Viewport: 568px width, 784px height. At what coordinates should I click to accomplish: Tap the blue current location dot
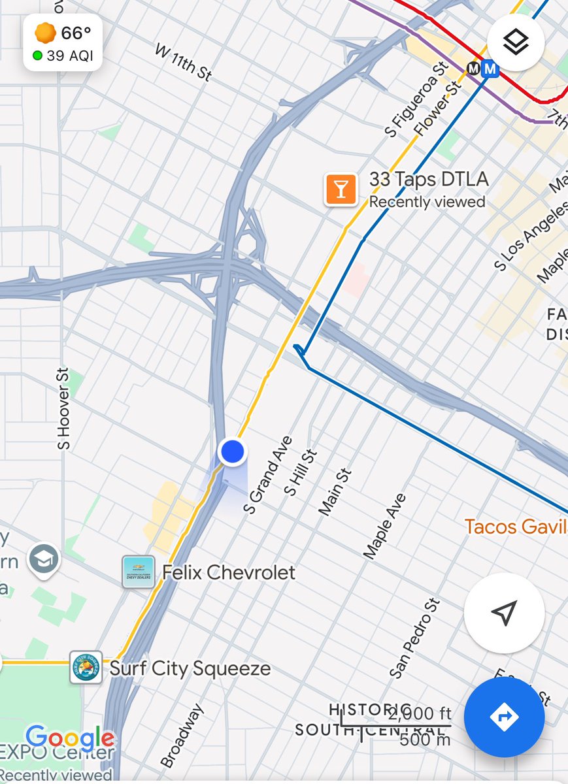coord(232,451)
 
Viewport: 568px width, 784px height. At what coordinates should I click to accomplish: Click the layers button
coord(516,42)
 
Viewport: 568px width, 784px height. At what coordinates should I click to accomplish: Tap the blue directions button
coord(504,717)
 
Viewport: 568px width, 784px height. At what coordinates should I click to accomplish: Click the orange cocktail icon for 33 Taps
coord(341,189)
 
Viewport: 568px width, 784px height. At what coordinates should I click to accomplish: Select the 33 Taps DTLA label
coord(429,180)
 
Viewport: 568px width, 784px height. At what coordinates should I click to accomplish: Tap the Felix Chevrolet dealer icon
coord(139,572)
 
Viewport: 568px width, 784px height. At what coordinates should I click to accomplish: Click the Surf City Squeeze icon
coord(86,668)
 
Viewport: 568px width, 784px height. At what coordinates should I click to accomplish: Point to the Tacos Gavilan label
coord(516,527)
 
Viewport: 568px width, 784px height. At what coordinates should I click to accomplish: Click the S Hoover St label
coord(63,408)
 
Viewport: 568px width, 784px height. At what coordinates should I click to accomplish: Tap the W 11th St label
coord(184,62)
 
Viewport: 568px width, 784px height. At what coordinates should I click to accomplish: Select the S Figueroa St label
coord(415,100)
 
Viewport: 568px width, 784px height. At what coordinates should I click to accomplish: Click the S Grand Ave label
coord(267,474)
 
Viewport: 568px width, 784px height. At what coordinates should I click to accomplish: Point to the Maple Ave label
coord(385,526)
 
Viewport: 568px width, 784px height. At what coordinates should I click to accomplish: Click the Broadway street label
coord(182,736)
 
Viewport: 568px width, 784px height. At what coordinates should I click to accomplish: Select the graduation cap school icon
coord(44,559)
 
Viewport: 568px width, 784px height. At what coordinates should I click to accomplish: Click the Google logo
coord(70,738)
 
